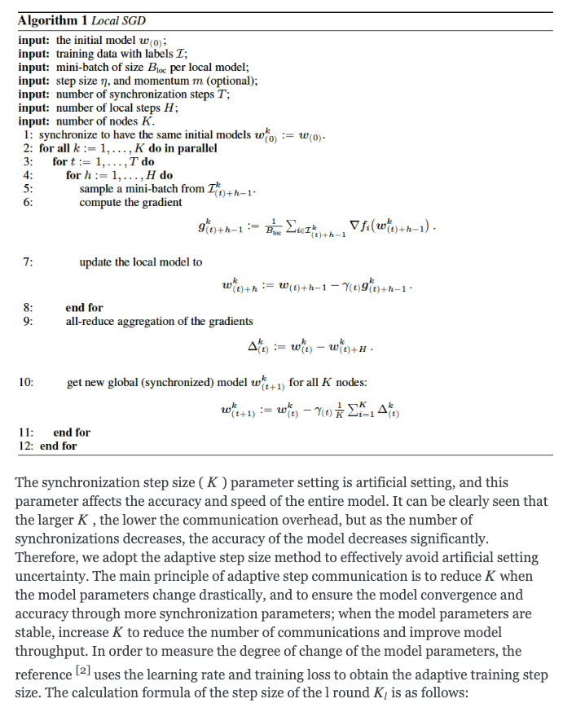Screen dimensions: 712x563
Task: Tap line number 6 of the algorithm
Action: [28, 203]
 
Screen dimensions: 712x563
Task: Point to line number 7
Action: [28, 262]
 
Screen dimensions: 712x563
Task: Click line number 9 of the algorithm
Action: [28, 321]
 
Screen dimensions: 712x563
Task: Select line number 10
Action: [25, 382]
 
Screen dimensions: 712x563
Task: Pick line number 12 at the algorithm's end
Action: [25, 446]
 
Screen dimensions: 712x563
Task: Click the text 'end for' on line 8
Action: [84, 308]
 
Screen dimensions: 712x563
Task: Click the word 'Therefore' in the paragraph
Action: [45, 557]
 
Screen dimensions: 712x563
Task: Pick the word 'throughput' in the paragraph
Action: [47, 651]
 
